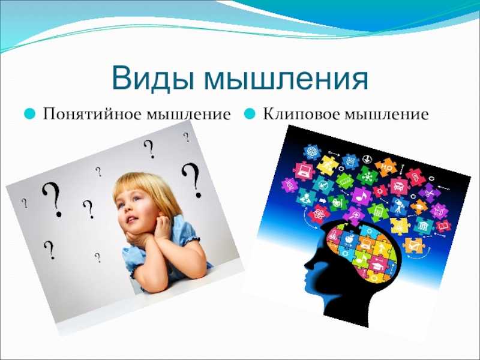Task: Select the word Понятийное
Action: (94, 115)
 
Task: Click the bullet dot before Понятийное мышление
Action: (29, 114)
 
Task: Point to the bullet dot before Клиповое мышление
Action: (250, 114)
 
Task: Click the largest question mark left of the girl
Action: (52, 199)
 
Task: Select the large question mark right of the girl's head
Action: (192, 180)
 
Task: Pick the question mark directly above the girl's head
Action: (149, 149)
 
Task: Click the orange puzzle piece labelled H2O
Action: (386, 167)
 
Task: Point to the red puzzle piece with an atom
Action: (319, 214)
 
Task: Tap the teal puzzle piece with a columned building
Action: (424, 227)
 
